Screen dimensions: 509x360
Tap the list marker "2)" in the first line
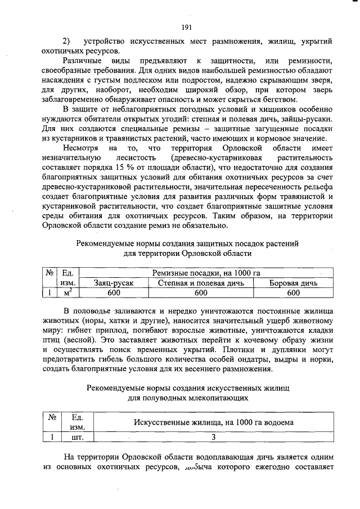point(66,42)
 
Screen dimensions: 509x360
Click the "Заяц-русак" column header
point(114,283)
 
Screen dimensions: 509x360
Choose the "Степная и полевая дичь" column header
point(201,283)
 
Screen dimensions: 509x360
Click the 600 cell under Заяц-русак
point(114,292)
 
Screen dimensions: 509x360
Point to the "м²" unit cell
point(67,292)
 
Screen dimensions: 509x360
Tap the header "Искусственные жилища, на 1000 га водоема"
point(213,422)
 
